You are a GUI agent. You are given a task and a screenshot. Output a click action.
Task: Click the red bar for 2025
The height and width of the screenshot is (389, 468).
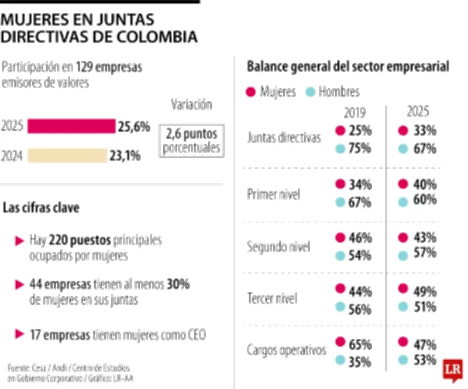(71, 126)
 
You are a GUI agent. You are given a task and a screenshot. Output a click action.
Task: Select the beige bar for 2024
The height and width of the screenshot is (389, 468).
(67, 155)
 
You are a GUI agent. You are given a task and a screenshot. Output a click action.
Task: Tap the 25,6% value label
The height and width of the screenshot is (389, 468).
(135, 126)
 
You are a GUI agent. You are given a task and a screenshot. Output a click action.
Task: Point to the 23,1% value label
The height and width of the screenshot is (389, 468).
(124, 155)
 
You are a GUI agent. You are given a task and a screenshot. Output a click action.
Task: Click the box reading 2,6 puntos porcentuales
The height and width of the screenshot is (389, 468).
(192, 140)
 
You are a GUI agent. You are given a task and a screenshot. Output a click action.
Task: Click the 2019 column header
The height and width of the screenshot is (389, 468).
(355, 112)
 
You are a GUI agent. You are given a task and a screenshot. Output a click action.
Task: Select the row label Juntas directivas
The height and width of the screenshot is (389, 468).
(284, 138)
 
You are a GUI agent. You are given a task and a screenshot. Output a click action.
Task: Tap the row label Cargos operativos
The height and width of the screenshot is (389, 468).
(286, 350)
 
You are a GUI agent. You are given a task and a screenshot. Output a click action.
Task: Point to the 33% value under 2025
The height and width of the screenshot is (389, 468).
(424, 131)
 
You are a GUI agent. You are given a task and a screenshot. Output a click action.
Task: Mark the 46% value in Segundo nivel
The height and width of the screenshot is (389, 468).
(359, 238)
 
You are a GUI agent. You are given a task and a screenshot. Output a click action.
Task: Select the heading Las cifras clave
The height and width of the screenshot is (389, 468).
(42, 207)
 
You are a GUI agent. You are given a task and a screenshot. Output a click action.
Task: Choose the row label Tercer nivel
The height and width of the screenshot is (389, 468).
(272, 298)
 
